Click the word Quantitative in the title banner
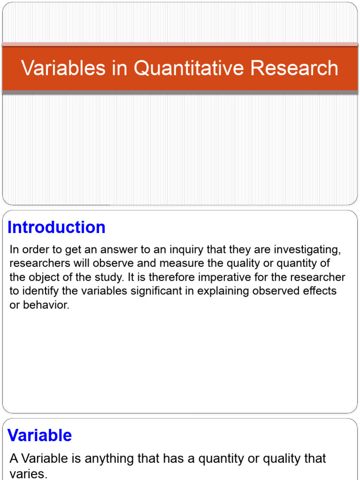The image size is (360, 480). (x=188, y=68)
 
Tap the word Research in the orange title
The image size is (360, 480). (x=294, y=67)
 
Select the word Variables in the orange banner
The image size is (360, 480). (x=63, y=67)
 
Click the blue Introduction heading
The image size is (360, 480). (x=56, y=227)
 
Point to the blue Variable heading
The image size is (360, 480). (x=39, y=435)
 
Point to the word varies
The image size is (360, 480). (x=29, y=474)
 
